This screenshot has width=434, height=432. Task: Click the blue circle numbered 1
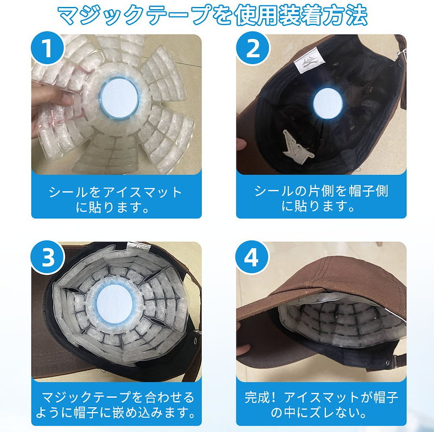pyautogui.click(x=48, y=48)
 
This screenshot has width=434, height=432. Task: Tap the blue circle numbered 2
pyautogui.click(x=253, y=48)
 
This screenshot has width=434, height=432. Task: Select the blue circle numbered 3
pyautogui.click(x=48, y=257)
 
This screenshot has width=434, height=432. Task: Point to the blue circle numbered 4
pyautogui.click(x=252, y=257)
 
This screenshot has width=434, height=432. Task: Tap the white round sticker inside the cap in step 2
pyautogui.click(x=328, y=103)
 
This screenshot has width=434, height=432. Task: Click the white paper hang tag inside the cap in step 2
pyautogui.click(x=297, y=146)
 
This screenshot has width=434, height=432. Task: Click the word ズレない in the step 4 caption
pyautogui.click(x=335, y=413)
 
